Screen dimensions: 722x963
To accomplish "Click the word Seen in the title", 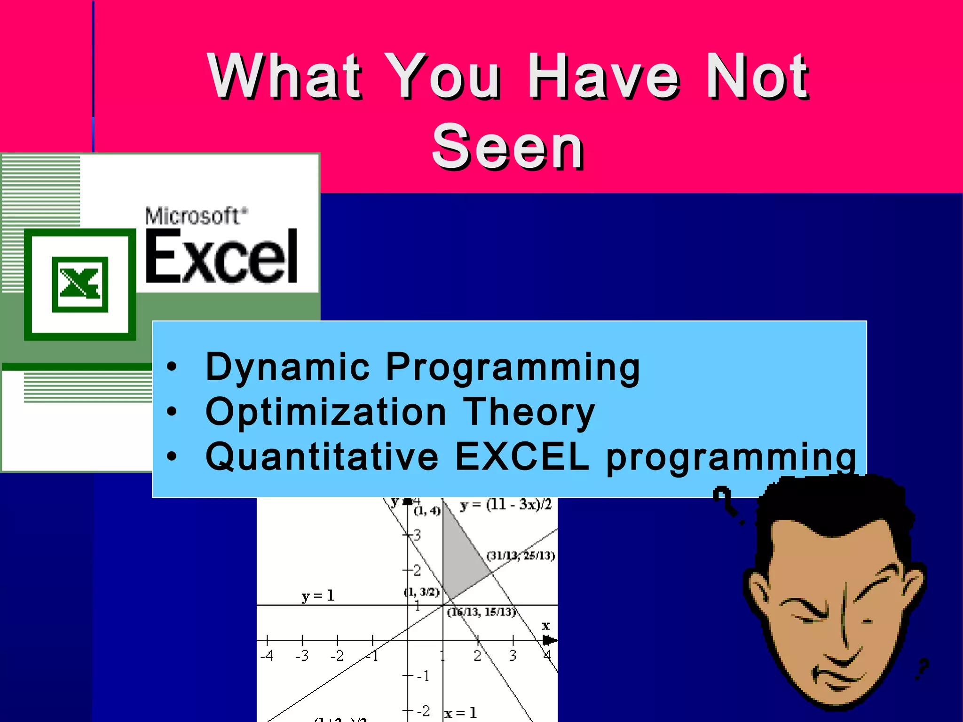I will point(508,147).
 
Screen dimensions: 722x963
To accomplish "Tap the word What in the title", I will point(284,76).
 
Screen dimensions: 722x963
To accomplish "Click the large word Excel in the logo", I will point(221,257).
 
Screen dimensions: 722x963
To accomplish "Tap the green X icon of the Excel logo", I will point(80,284).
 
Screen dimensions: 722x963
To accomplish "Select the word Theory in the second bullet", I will point(529,412).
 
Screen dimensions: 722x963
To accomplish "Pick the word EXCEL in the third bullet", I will point(522,456).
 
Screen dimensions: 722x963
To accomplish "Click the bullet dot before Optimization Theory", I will point(172,412).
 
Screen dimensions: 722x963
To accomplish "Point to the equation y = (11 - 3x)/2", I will point(505,505).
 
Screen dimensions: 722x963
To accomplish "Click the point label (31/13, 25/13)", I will point(521,556).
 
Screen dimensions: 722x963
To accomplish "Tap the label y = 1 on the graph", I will point(318,596).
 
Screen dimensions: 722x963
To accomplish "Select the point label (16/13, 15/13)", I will point(481,612).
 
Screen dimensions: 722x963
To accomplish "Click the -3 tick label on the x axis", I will point(302,656).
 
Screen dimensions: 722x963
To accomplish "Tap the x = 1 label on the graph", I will point(460,713).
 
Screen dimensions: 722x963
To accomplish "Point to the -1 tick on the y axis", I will point(423,676).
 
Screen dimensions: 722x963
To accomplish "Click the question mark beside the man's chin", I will point(923,667).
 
